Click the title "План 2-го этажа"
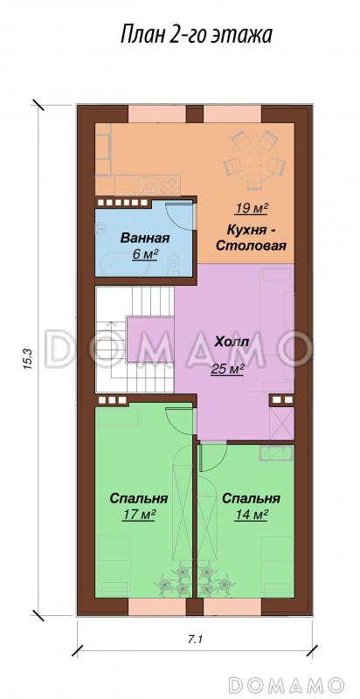tap(196, 34)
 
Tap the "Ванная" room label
tap(145, 238)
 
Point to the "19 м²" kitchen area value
tap(250, 208)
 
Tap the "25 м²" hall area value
tap(227, 368)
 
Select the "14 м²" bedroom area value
tap(251, 515)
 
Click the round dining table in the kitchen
tap(253, 161)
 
